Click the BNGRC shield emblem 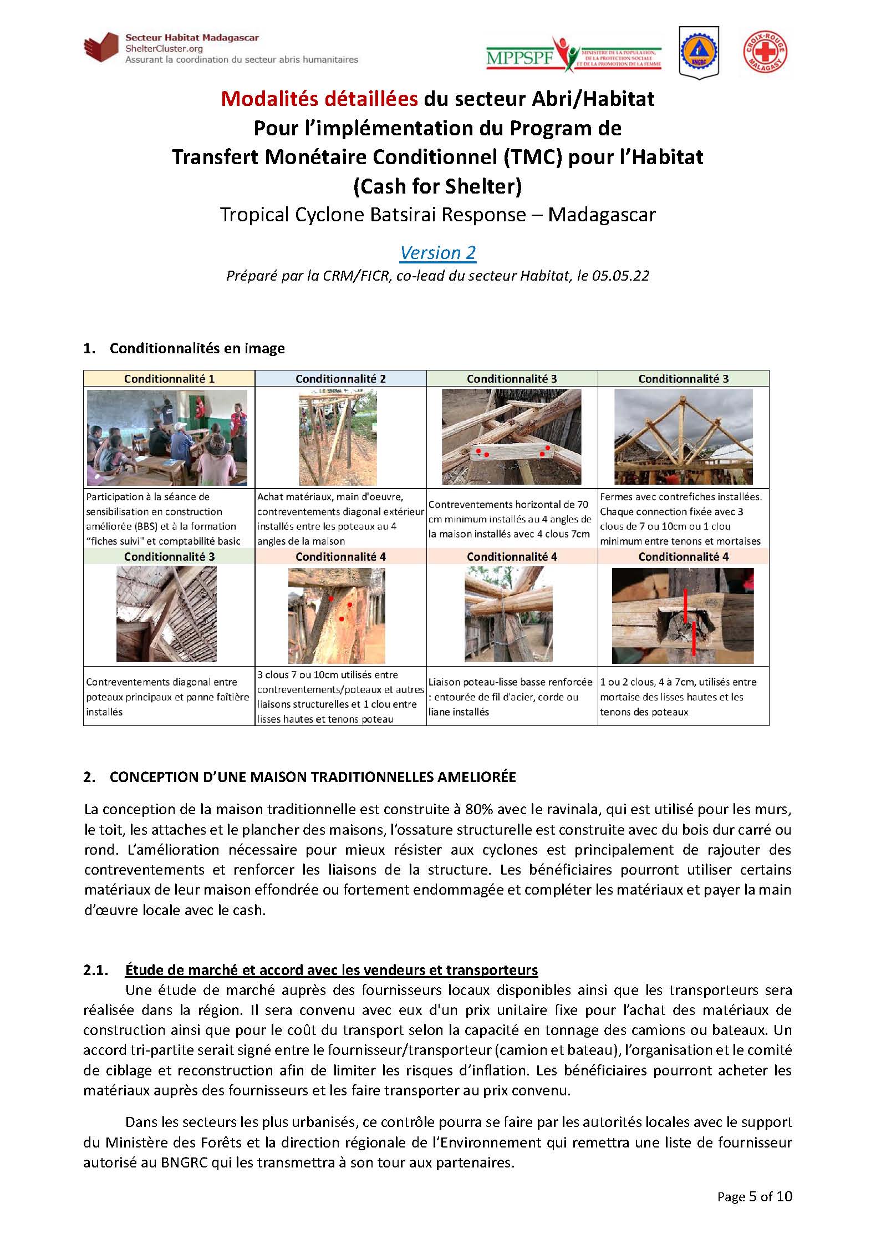(699, 52)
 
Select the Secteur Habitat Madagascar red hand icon (101, 48)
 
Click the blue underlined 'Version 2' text (437, 252)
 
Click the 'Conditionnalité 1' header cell (169, 379)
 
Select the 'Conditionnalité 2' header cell (340, 379)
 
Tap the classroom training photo (167, 437)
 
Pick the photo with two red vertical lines (683, 616)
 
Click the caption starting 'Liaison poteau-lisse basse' (510, 697)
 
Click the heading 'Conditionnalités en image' (197, 348)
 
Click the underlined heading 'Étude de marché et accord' (331, 970)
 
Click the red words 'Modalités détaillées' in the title (319, 99)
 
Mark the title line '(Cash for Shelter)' (437, 186)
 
